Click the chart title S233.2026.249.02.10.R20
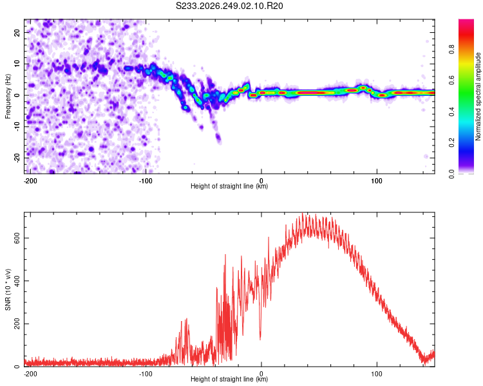[x=229, y=6]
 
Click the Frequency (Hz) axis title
[x=8, y=96]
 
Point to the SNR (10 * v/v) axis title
[x=8, y=289]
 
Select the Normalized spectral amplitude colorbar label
[x=478, y=96]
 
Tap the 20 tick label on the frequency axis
[x=17, y=32]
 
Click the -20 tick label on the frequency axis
[x=17, y=158]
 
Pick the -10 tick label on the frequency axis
[x=17, y=127]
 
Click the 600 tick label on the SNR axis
[x=17, y=238]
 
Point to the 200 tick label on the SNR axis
[x=17, y=324]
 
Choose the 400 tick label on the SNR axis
[x=17, y=280]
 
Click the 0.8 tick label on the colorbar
[x=451, y=50]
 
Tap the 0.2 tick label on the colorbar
[x=451, y=143]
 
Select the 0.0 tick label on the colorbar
[x=451, y=174]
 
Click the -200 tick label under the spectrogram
[x=30, y=181]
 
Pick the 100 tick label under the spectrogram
[x=377, y=181]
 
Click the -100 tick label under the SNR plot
[x=146, y=374]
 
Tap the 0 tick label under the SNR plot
[x=261, y=374]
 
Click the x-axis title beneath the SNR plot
[x=229, y=379]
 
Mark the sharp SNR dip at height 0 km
[x=260, y=338]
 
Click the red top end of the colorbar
[x=466, y=21]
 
